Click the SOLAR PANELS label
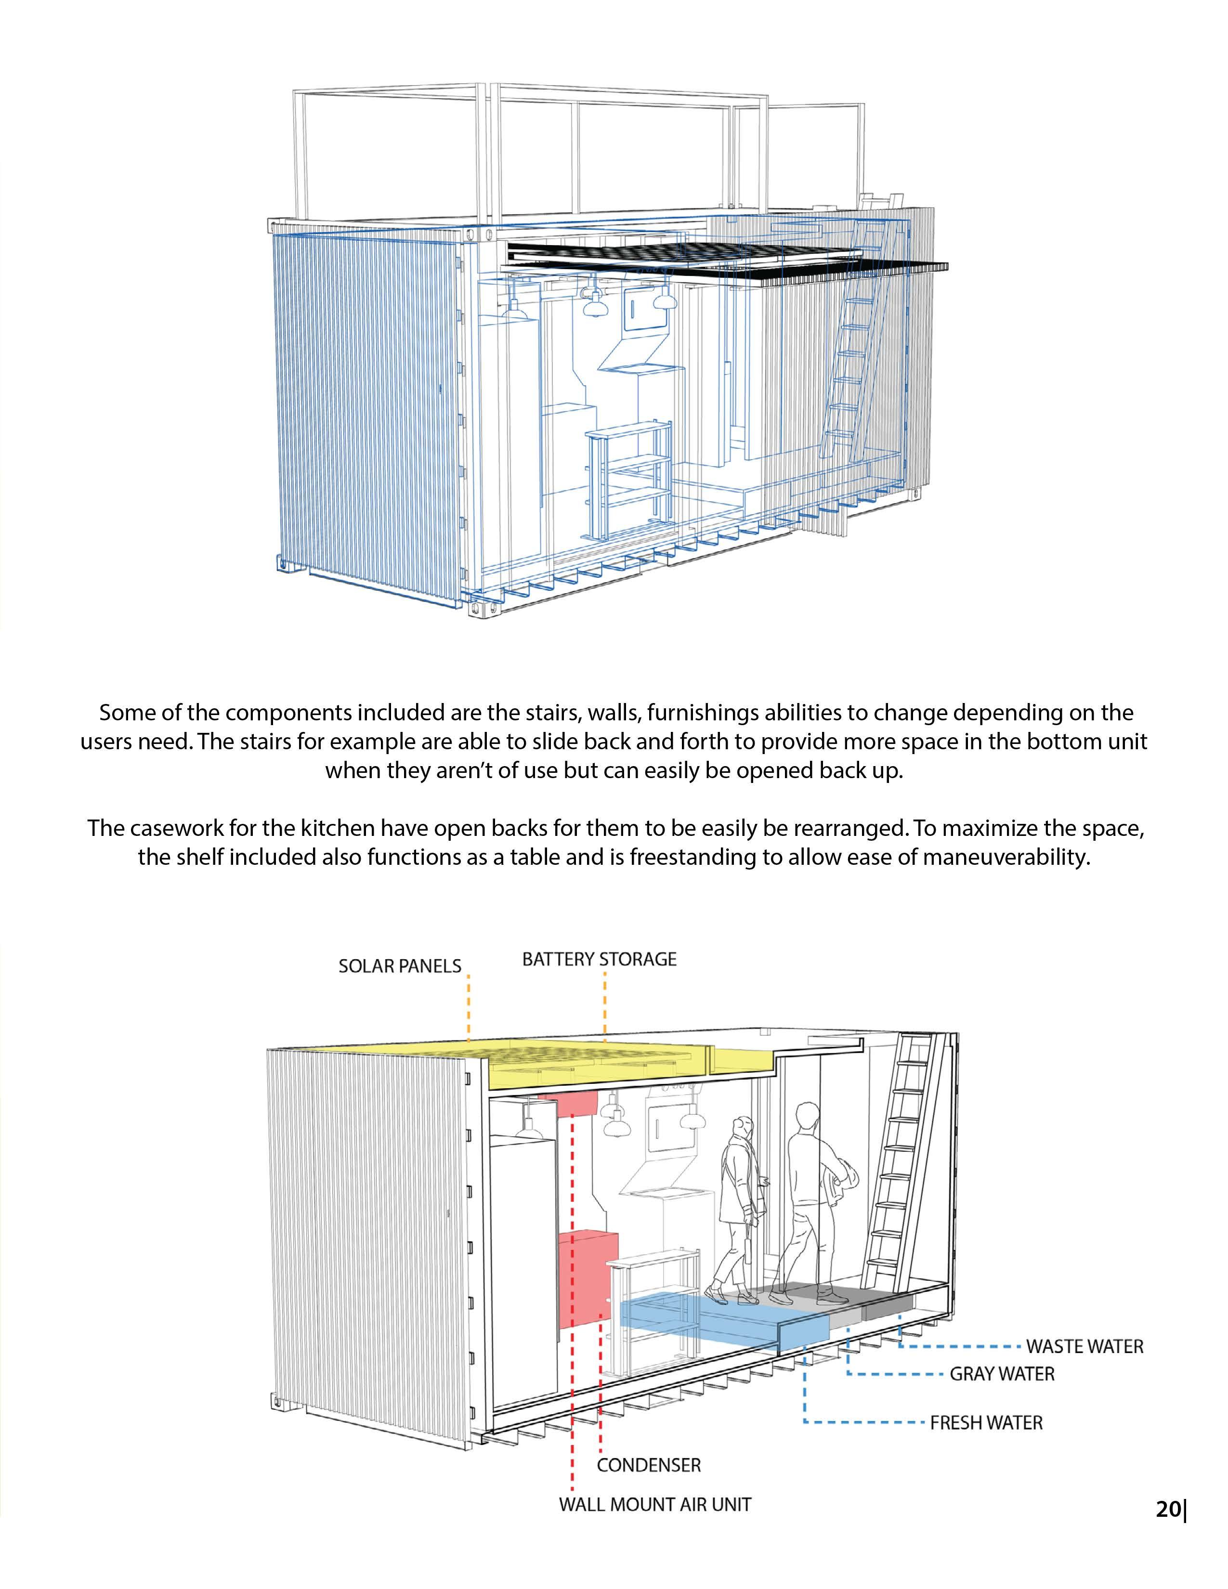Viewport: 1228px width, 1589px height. [x=399, y=966]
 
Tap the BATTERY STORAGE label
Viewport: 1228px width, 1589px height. [x=599, y=959]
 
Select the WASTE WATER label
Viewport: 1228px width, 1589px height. [x=1084, y=1347]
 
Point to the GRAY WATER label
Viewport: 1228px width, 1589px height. [x=1002, y=1374]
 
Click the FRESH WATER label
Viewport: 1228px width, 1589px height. [x=986, y=1422]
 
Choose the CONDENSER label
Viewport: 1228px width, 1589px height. [x=648, y=1465]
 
